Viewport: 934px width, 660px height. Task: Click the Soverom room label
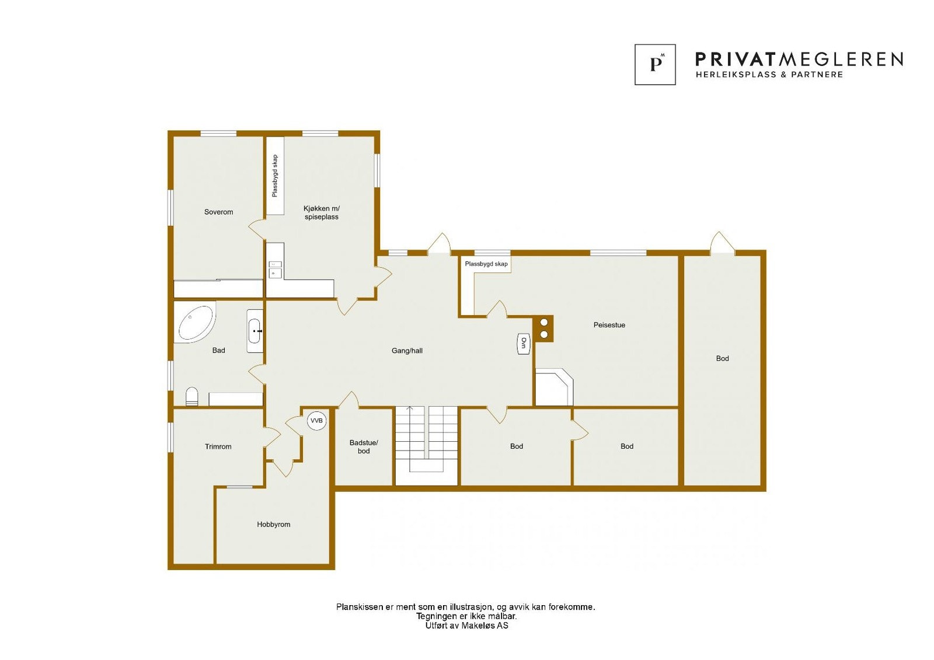(x=218, y=212)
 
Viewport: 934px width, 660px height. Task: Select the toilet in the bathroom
(x=192, y=396)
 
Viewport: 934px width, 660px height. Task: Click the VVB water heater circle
(x=316, y=420)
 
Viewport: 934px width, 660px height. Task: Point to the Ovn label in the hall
(x=524, y=343)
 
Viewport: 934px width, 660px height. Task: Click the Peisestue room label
(x=609, y=325)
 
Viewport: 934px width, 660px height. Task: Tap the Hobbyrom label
(x=273, y=525)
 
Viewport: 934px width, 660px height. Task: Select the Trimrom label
(x=218, y=446)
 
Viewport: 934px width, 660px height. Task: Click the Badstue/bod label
(x=364, y=446)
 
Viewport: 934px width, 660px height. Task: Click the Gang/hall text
(x=407, y=351)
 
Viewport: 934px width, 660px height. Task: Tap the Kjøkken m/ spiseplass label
(x=321, y=212)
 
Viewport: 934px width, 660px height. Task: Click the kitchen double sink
(x=275, y=269)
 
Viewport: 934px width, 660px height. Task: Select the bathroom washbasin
(x=255, y=331)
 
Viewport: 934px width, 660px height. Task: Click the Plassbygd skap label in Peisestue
(x=486, y=264)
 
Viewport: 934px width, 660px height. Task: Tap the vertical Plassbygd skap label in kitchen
(x=275, y=176)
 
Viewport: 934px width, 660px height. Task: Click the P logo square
(x=655, y=64)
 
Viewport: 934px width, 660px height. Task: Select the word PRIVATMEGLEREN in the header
(x=799, y=59)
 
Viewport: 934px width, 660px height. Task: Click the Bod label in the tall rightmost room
(x=722, y=358)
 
